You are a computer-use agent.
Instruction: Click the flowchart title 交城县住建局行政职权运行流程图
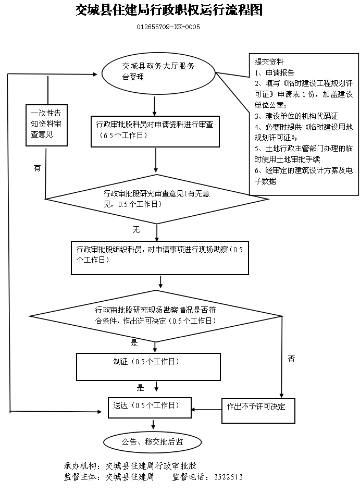(169, 10)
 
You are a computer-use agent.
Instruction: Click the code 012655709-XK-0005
(168, 27)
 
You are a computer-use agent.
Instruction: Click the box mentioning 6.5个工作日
(156, 130)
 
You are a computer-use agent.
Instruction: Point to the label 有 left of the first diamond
(36, 168)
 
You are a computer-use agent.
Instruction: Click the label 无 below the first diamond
(136, 229)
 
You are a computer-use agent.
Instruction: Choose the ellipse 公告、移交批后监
(153, 442)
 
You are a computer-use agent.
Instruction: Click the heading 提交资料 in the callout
(268, 62)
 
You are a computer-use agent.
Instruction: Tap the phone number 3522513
(228, 477)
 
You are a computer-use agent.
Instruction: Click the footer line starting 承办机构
(130, 465)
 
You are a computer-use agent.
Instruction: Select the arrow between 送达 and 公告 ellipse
(153, 424)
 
